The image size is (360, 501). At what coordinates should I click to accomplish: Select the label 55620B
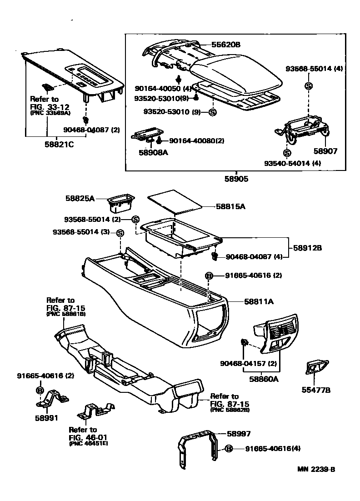coord(225,45)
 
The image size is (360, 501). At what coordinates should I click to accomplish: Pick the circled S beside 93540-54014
coord(287,153)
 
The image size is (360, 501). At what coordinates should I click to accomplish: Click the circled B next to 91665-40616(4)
coord(229,449)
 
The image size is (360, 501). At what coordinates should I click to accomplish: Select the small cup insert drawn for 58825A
coord(121,204)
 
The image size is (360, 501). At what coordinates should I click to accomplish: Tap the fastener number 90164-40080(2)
coord(197,141)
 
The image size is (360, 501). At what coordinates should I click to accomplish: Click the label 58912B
coord(307,248)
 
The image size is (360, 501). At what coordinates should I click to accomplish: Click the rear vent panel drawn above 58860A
coord(275,333)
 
